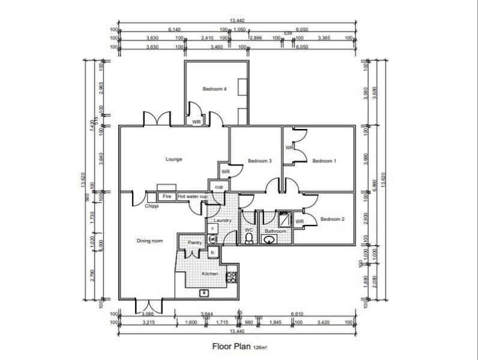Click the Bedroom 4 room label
214,89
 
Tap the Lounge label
174,159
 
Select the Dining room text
150,241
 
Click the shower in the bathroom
284,220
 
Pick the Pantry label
195,242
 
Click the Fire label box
167,196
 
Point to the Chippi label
152,206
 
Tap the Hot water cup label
192,196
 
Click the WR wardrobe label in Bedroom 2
299,221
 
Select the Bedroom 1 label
324,161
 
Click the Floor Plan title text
232,346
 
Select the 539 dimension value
288,33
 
